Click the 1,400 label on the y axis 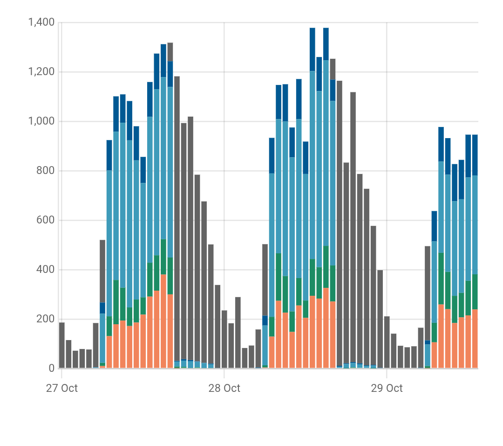[41, 22]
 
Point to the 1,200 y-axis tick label [41, 72]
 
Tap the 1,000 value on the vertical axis [41, 122]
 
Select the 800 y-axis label [46, 171]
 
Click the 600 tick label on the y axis [46, 221]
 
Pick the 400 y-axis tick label [46, 270]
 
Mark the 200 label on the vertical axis [46, 320]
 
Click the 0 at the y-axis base [51, 369]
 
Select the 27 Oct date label [61, 388]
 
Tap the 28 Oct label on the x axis [224, 388]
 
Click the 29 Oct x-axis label [387, 388]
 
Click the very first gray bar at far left [62, 345]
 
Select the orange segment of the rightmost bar [475, 339]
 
